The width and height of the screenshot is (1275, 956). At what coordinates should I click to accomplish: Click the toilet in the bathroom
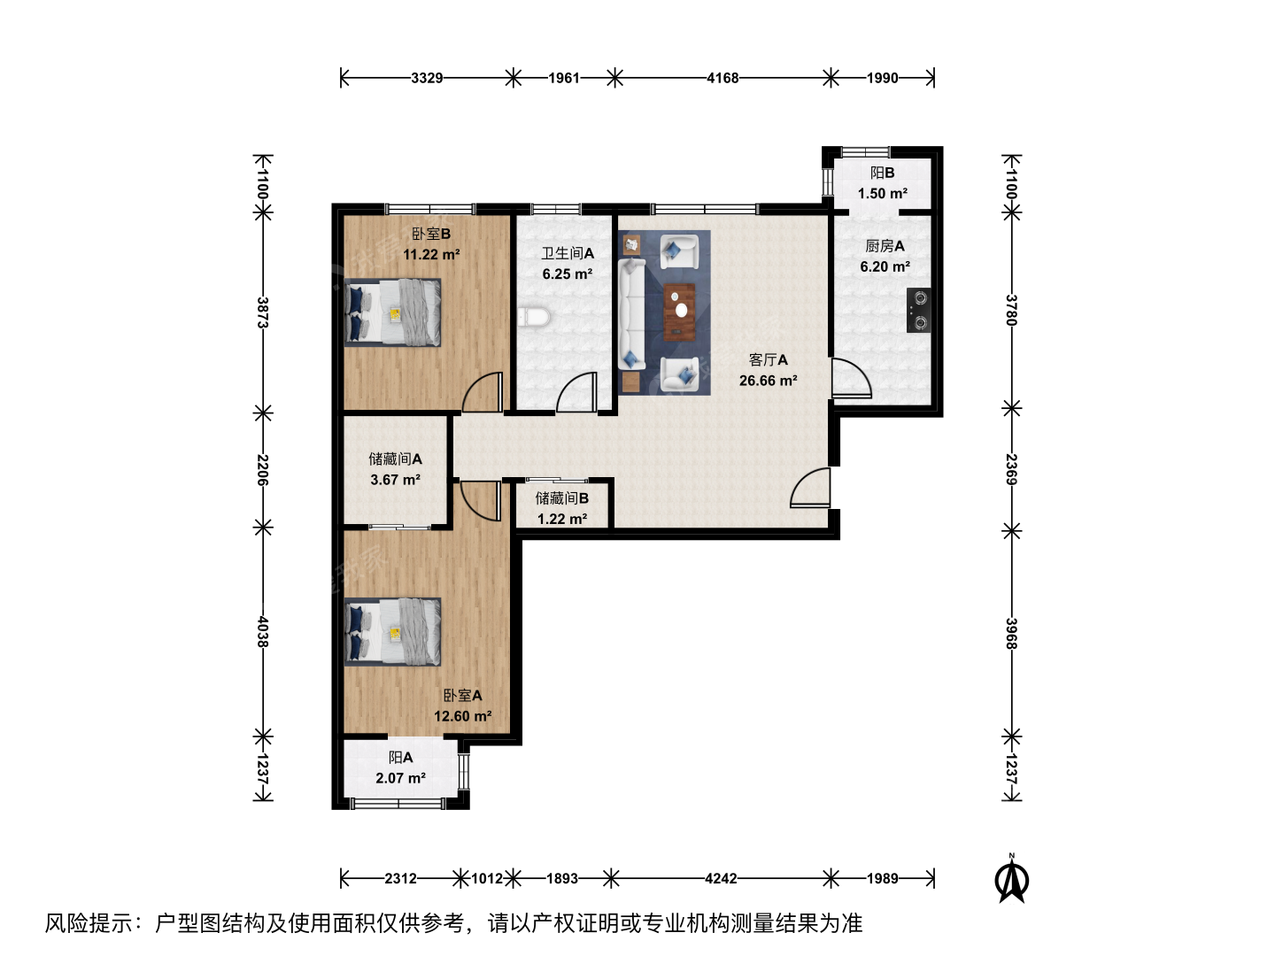(534, 318)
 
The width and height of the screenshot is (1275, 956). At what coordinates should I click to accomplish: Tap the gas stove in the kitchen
(918, 310)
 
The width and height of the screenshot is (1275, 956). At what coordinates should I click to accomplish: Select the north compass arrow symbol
(1011, 879)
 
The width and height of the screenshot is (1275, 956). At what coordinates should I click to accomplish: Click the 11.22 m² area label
(431, 254)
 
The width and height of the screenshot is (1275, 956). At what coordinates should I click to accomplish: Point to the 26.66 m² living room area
(768, 381)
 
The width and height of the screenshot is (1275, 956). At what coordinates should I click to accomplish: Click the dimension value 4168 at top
(722, 78)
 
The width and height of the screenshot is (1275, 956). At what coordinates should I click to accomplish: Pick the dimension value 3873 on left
(263, 312)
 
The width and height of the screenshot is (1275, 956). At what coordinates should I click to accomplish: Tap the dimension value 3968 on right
(1011, 634)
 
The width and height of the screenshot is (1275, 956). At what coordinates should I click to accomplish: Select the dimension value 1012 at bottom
(487, 878)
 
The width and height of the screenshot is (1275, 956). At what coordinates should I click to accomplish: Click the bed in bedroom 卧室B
(392, 312)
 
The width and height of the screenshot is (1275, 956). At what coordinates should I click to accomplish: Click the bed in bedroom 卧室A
(392, 631)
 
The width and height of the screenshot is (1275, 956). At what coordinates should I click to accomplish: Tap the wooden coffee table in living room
(680, 312)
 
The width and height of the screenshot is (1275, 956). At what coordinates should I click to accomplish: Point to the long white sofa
(632, 314)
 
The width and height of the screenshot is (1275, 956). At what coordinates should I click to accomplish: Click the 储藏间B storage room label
(561, 498)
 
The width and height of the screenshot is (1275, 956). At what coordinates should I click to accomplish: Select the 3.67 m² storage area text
(395, 480)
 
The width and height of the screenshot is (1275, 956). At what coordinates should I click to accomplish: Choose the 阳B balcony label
(883, 173)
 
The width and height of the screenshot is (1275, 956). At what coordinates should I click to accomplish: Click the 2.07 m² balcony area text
(400, 778)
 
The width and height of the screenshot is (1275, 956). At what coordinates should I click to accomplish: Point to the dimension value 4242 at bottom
(721, 878)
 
